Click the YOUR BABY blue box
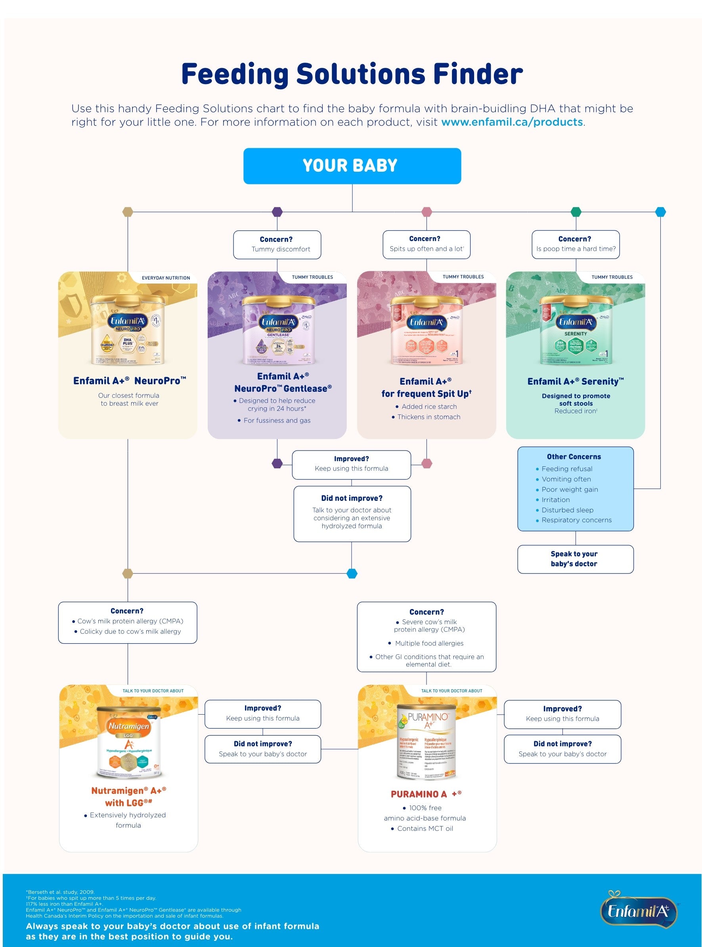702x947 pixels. click(352, 166)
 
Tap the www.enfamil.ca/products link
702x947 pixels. click(512, 122)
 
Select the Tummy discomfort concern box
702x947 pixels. click(277, 244)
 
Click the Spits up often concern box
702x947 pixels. click(426, 244)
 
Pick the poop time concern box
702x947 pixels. click(576, 244)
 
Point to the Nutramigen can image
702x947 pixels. click(128, 742)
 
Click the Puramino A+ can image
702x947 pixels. click(426, 741)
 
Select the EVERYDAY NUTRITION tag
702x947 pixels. click(166, 278)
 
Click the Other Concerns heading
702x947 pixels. click(574, 456)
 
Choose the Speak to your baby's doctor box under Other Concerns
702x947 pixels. click(575, 559)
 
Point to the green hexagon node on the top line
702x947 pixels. click(576, 212)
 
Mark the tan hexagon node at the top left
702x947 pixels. click(128, 212)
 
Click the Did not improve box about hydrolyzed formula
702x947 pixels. click(352, 514)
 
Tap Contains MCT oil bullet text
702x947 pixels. click(425, 828)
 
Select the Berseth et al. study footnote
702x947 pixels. click(60, 892)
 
